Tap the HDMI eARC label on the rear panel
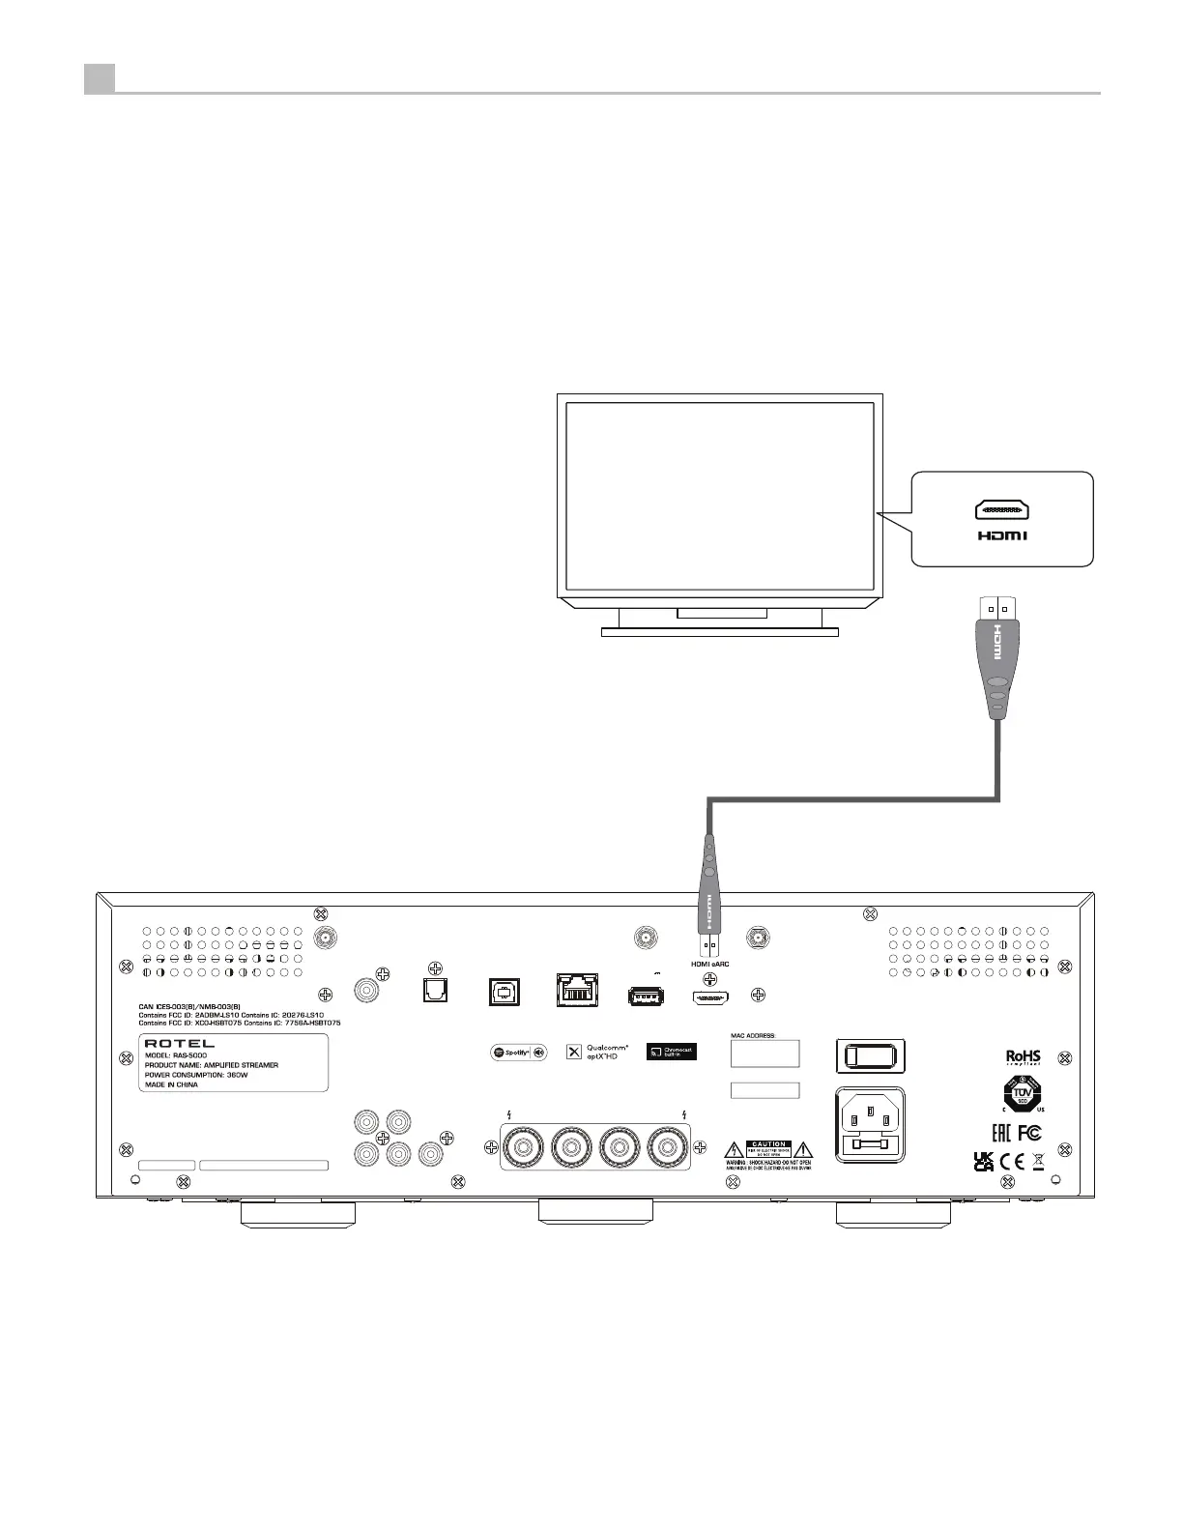pyautogui.click(x=710, y=964)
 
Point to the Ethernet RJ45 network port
pyautogui.click(x=577, y=991)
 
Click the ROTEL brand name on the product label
pyautogui.click(x=180, y=1044)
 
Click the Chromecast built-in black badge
pyautogui.click(x=671, y=1052)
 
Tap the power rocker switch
pyautogui.click(x=870, y=1056)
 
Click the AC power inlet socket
pyautogui.click(x=870, y=1124)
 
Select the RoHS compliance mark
pyautogui.click(x=1023, y=1056)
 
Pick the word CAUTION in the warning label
pyautogui.click(x=768, y=1144)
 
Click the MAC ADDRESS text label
pyautogui.click(x=753, y=1035)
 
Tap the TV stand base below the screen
pyautogui.click(x=720, y=632)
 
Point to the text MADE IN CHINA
pyautogui.click(x=171, y=1084)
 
